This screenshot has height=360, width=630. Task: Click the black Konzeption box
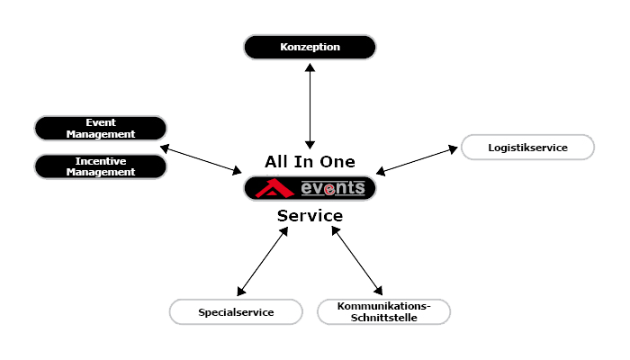310,47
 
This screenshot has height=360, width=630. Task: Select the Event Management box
101,128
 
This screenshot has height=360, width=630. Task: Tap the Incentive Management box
101,166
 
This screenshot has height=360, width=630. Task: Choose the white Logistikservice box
527,147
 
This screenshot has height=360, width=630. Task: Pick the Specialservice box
236,312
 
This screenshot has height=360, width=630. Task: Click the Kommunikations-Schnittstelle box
382,312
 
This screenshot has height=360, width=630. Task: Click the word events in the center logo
332,188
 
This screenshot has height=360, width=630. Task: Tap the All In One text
310,163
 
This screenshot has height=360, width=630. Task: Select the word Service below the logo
310,217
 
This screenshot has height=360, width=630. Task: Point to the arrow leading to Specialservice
262,261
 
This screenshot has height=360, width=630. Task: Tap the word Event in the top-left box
101,122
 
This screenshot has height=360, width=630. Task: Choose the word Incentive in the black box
101,160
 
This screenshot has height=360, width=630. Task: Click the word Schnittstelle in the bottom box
382,318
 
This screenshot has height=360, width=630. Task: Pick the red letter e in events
331,189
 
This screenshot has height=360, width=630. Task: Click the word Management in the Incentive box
101,171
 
